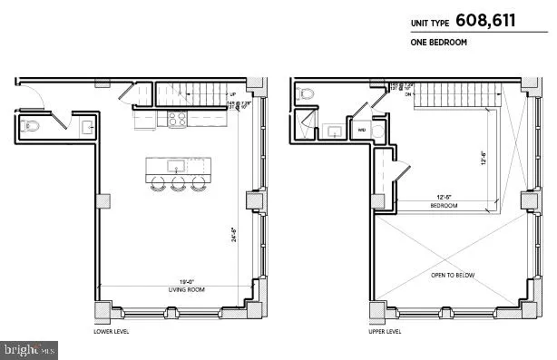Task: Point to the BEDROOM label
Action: (444, 206)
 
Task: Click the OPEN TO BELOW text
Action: (453, 275)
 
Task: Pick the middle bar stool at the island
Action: (177, 183)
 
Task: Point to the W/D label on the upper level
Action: (362, 130)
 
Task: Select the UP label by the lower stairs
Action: (233, 93)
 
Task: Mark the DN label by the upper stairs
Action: (409, 93)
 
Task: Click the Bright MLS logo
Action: (30, 348)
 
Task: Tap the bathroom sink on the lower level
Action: (87, 127)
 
